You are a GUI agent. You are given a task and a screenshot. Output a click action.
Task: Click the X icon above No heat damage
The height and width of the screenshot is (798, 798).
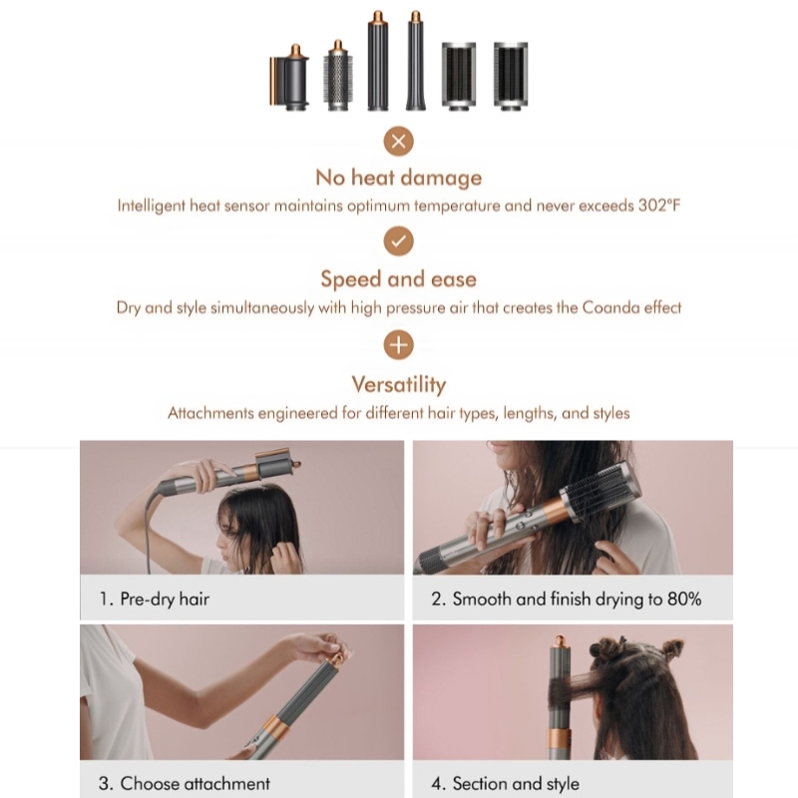coord(398,141)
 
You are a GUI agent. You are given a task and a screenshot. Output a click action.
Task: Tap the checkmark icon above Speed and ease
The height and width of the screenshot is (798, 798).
coord(398,241)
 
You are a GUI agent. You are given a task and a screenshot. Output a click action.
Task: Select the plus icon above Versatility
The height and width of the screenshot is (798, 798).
coord(398,345)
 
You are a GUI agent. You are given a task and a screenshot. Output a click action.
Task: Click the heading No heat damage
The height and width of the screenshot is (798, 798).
coord(398,178)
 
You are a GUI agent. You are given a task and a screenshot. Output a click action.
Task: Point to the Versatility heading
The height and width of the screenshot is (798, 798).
coord(398,384)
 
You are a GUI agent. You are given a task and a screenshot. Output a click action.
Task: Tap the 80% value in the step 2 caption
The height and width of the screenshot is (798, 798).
coord(682,598)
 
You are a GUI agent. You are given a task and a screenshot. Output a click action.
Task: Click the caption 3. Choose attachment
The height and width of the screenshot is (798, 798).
coord(185,783)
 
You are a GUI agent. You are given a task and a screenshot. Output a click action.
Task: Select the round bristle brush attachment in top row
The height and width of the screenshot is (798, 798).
coord(338,76)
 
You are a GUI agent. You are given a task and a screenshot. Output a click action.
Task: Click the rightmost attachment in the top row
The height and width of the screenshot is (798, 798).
coord(510,75)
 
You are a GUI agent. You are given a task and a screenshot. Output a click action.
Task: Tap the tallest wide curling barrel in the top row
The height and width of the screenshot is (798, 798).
coord(377,62)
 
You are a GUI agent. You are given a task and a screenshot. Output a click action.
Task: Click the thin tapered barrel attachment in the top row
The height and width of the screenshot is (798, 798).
coord(415,62)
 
